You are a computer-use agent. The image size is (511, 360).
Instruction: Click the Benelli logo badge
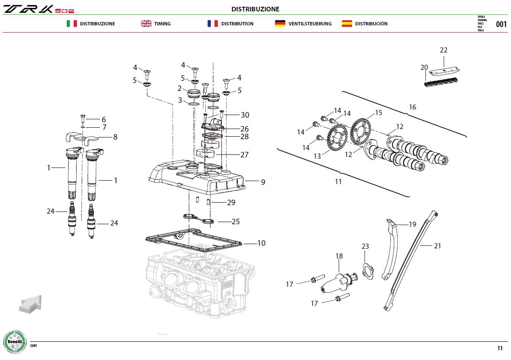tap(15, 341)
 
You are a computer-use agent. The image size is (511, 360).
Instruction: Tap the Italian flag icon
tap(72, 24)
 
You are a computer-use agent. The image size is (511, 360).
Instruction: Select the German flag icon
tap(280, 24)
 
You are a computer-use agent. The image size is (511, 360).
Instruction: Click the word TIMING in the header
tap(162, 24)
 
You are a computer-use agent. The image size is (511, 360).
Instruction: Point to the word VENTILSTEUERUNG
tap(310, 24)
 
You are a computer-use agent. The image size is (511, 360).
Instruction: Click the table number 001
tap(501, 24)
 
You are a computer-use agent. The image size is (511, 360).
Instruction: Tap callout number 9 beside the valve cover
tap(263, 182)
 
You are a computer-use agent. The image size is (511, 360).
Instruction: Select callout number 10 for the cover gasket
tap(262, 243)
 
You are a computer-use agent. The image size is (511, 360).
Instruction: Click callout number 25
tap(236, 222)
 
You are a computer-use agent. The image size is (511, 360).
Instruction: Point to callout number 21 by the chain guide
tap(437, 246)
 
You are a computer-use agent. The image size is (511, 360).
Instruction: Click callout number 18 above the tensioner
tap(339, 256)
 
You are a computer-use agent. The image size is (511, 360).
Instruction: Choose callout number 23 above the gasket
tap(365, 246)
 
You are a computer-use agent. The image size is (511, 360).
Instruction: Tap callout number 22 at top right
tap(444, 50)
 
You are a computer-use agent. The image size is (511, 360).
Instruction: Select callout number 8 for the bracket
tap(115, 137)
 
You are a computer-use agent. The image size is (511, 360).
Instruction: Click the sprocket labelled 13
tap(337, 137)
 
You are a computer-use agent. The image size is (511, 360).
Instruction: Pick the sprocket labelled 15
tap(360, 131)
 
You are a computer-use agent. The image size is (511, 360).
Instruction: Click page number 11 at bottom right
tap(500, 348)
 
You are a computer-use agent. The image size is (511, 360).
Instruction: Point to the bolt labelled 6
tap(83, 119)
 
